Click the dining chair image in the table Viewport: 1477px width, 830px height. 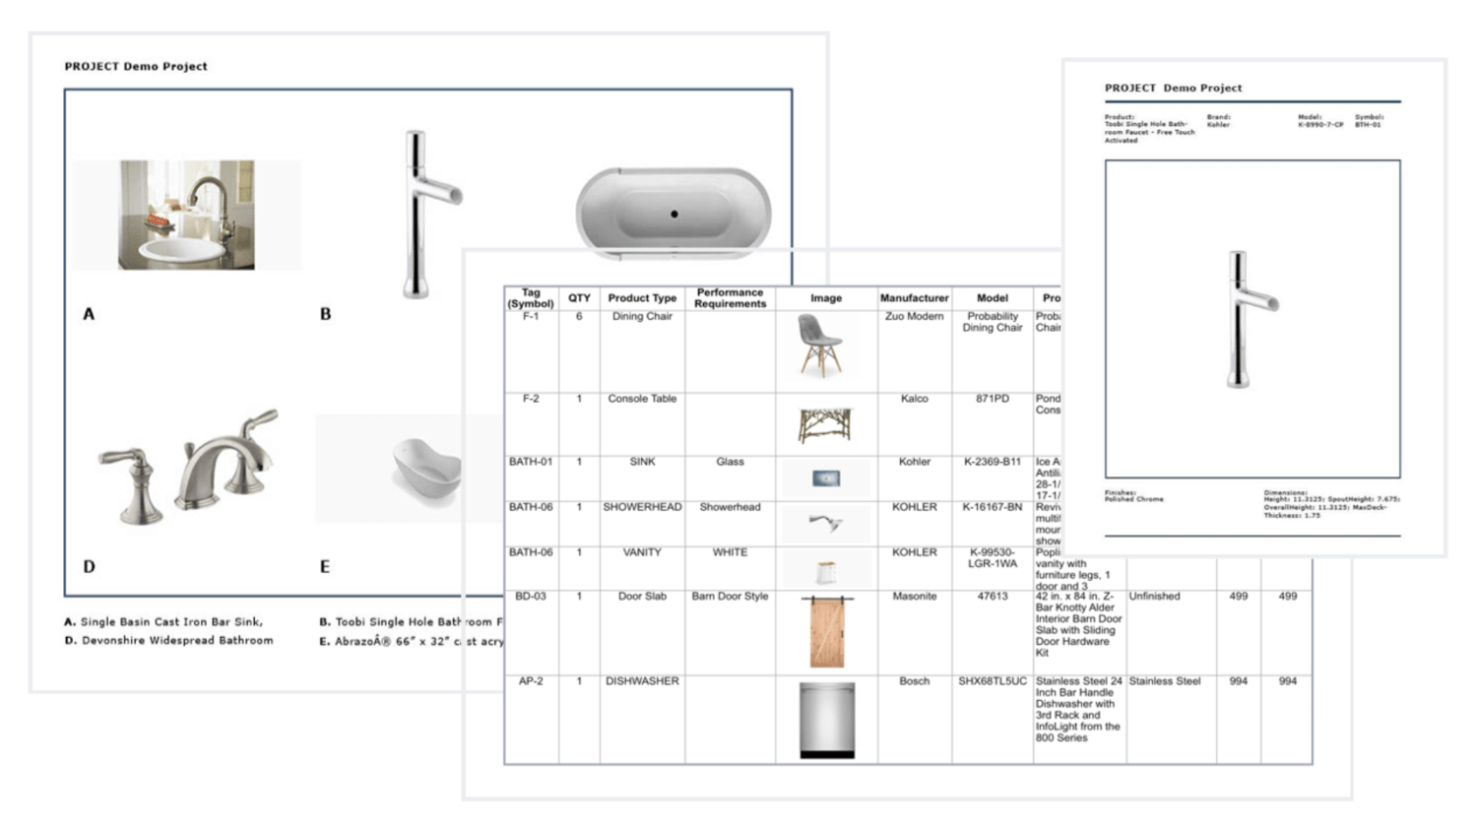(820, 347)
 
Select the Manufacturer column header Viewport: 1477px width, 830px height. (914, 298)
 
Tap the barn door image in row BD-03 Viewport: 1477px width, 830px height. (826, 632)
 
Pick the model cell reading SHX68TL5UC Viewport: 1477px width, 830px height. (992, 681)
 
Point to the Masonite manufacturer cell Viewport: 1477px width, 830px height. (914, 597)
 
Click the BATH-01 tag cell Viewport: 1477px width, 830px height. (531, 462)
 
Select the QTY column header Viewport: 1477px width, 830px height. (579, 298)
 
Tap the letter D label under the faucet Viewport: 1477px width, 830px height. (90, 567)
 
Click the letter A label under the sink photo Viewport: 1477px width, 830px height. (89, 314)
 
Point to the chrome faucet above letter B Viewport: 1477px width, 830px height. (424, 213)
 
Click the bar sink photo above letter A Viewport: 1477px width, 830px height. (186, 215)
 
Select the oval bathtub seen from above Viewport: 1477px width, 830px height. (674, 213)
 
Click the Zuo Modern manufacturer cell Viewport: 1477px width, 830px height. (914, 317)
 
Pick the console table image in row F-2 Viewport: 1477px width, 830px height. (824, 426)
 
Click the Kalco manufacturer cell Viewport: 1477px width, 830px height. (914, 399)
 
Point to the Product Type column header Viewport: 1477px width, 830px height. (642, 298)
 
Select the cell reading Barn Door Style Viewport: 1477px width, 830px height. (730, 597)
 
